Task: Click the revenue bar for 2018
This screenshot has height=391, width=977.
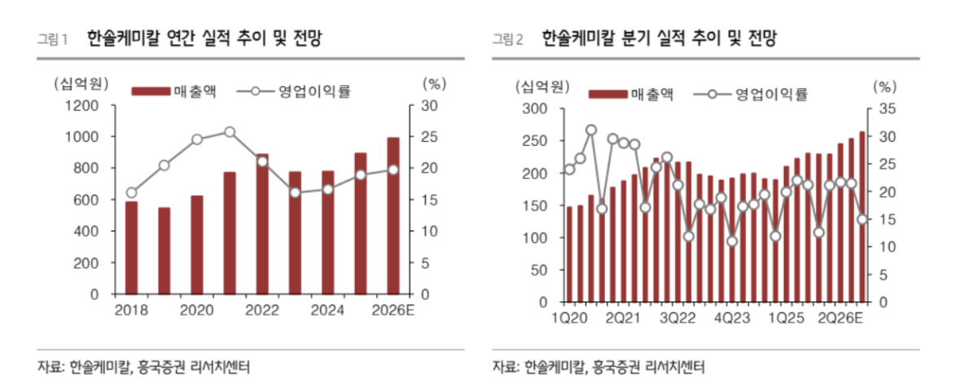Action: pyautogui.click(x=131, y=248)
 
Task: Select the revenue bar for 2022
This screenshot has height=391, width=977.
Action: pyautogui.click(x=262, y=224)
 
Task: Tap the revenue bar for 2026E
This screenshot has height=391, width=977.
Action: pyautogui.click(x=393, y=216)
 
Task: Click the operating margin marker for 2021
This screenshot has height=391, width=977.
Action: pyautogui.click(x=230, y=132)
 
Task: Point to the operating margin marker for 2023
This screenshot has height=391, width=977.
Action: pyautogui.click(x=295, y=193)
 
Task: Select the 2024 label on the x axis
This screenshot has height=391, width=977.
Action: pyautogui.click(x=328, y=310)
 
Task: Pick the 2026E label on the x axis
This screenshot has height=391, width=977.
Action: pyautogui.click(x=392, y=310)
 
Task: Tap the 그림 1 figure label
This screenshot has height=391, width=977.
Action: pyautogui.click(x=53, y=39)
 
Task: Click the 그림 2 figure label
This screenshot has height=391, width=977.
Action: pyautogui.click(x=508, y=39)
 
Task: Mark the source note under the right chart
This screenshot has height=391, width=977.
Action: pyautogui.click(x=598, y=367)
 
